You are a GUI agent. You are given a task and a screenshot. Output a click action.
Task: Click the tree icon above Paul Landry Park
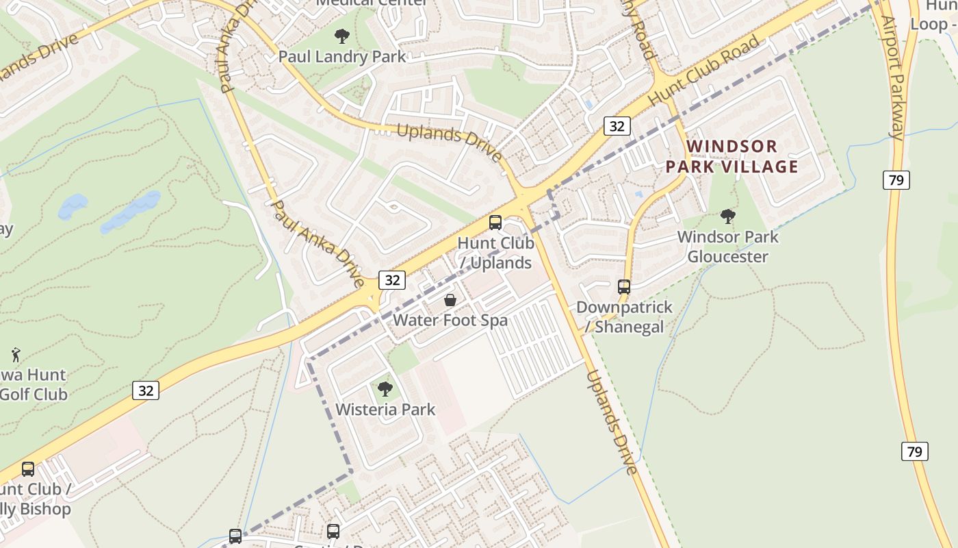[342, 36]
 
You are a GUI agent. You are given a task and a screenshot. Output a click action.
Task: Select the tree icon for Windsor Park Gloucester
[728, 216]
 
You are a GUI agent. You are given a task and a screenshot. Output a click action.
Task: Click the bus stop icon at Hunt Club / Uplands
[495, 223]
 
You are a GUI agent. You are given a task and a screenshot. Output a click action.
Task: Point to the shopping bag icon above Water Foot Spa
[450, 300]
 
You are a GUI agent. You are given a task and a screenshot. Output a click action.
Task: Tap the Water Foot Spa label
[450, 320]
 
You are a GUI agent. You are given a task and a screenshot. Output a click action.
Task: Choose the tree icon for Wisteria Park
[385, 389]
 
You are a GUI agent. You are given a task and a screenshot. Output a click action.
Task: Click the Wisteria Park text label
[385, 410]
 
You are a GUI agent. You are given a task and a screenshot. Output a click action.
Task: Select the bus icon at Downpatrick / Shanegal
[624, 286]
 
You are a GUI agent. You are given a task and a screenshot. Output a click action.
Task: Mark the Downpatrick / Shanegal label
[624, 316]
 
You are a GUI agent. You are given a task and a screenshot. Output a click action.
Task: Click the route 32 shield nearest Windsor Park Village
[617, 125]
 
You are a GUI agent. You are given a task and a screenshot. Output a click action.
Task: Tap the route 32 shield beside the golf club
[146, 390]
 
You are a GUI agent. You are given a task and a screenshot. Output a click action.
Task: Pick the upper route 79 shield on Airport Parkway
[896, 180]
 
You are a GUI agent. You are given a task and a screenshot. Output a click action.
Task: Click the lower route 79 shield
[914, 451]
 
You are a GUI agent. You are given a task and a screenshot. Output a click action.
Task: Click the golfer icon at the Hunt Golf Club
[16, 355]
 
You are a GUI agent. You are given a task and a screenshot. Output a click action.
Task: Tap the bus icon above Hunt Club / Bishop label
[28, 469]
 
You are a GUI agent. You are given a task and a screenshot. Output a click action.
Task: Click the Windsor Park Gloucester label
[728, 247]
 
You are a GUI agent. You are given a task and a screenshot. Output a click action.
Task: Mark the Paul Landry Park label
[342, 56]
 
